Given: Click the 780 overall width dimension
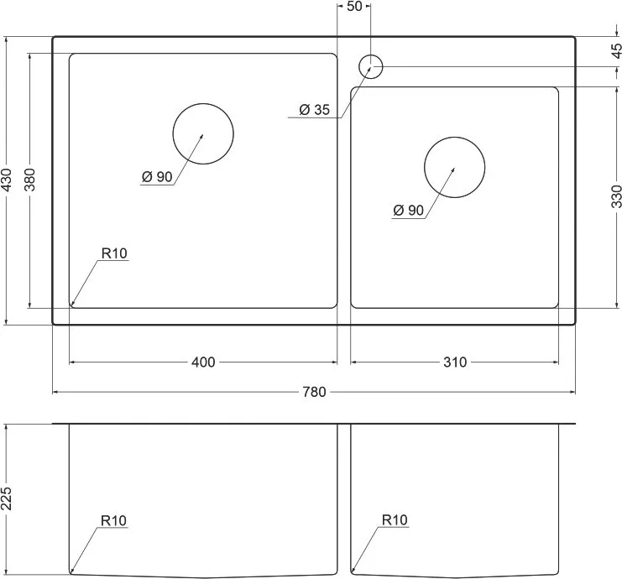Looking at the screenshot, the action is (x=314, y=392).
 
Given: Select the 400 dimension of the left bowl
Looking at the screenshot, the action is (x=203, y=362).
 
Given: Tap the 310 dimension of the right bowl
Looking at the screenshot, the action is (x=455, y=362).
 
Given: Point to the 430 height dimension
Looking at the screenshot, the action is (x=7, y=180).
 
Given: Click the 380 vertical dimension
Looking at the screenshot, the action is (x=30, y=180).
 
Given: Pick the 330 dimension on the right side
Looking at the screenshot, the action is (x=616, y=196).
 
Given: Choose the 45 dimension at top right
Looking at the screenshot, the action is (x=616, y=50).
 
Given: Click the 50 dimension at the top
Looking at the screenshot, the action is (x=354, y=7).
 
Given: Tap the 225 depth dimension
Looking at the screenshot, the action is (x=7, y=498).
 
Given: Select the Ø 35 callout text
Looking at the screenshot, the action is (x=315, y=109).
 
